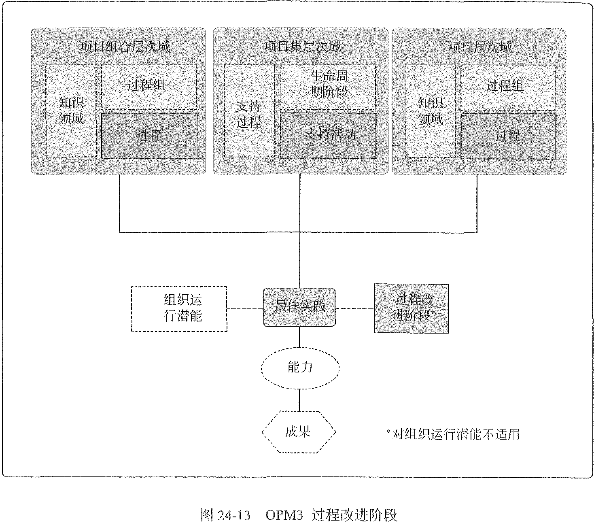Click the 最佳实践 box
point(299,307)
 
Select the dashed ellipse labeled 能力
point(299,368)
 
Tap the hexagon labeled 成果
point(299,432)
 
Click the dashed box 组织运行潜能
point(179,309)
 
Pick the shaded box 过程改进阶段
point(411,308)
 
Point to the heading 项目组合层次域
point(125,47)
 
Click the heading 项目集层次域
point(302,47)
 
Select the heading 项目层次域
point(481,47)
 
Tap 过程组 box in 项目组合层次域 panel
point(148,86)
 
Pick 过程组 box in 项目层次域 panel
point(508,86)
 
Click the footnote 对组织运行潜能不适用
point(453,434)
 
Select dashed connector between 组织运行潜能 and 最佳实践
point(245,309)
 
